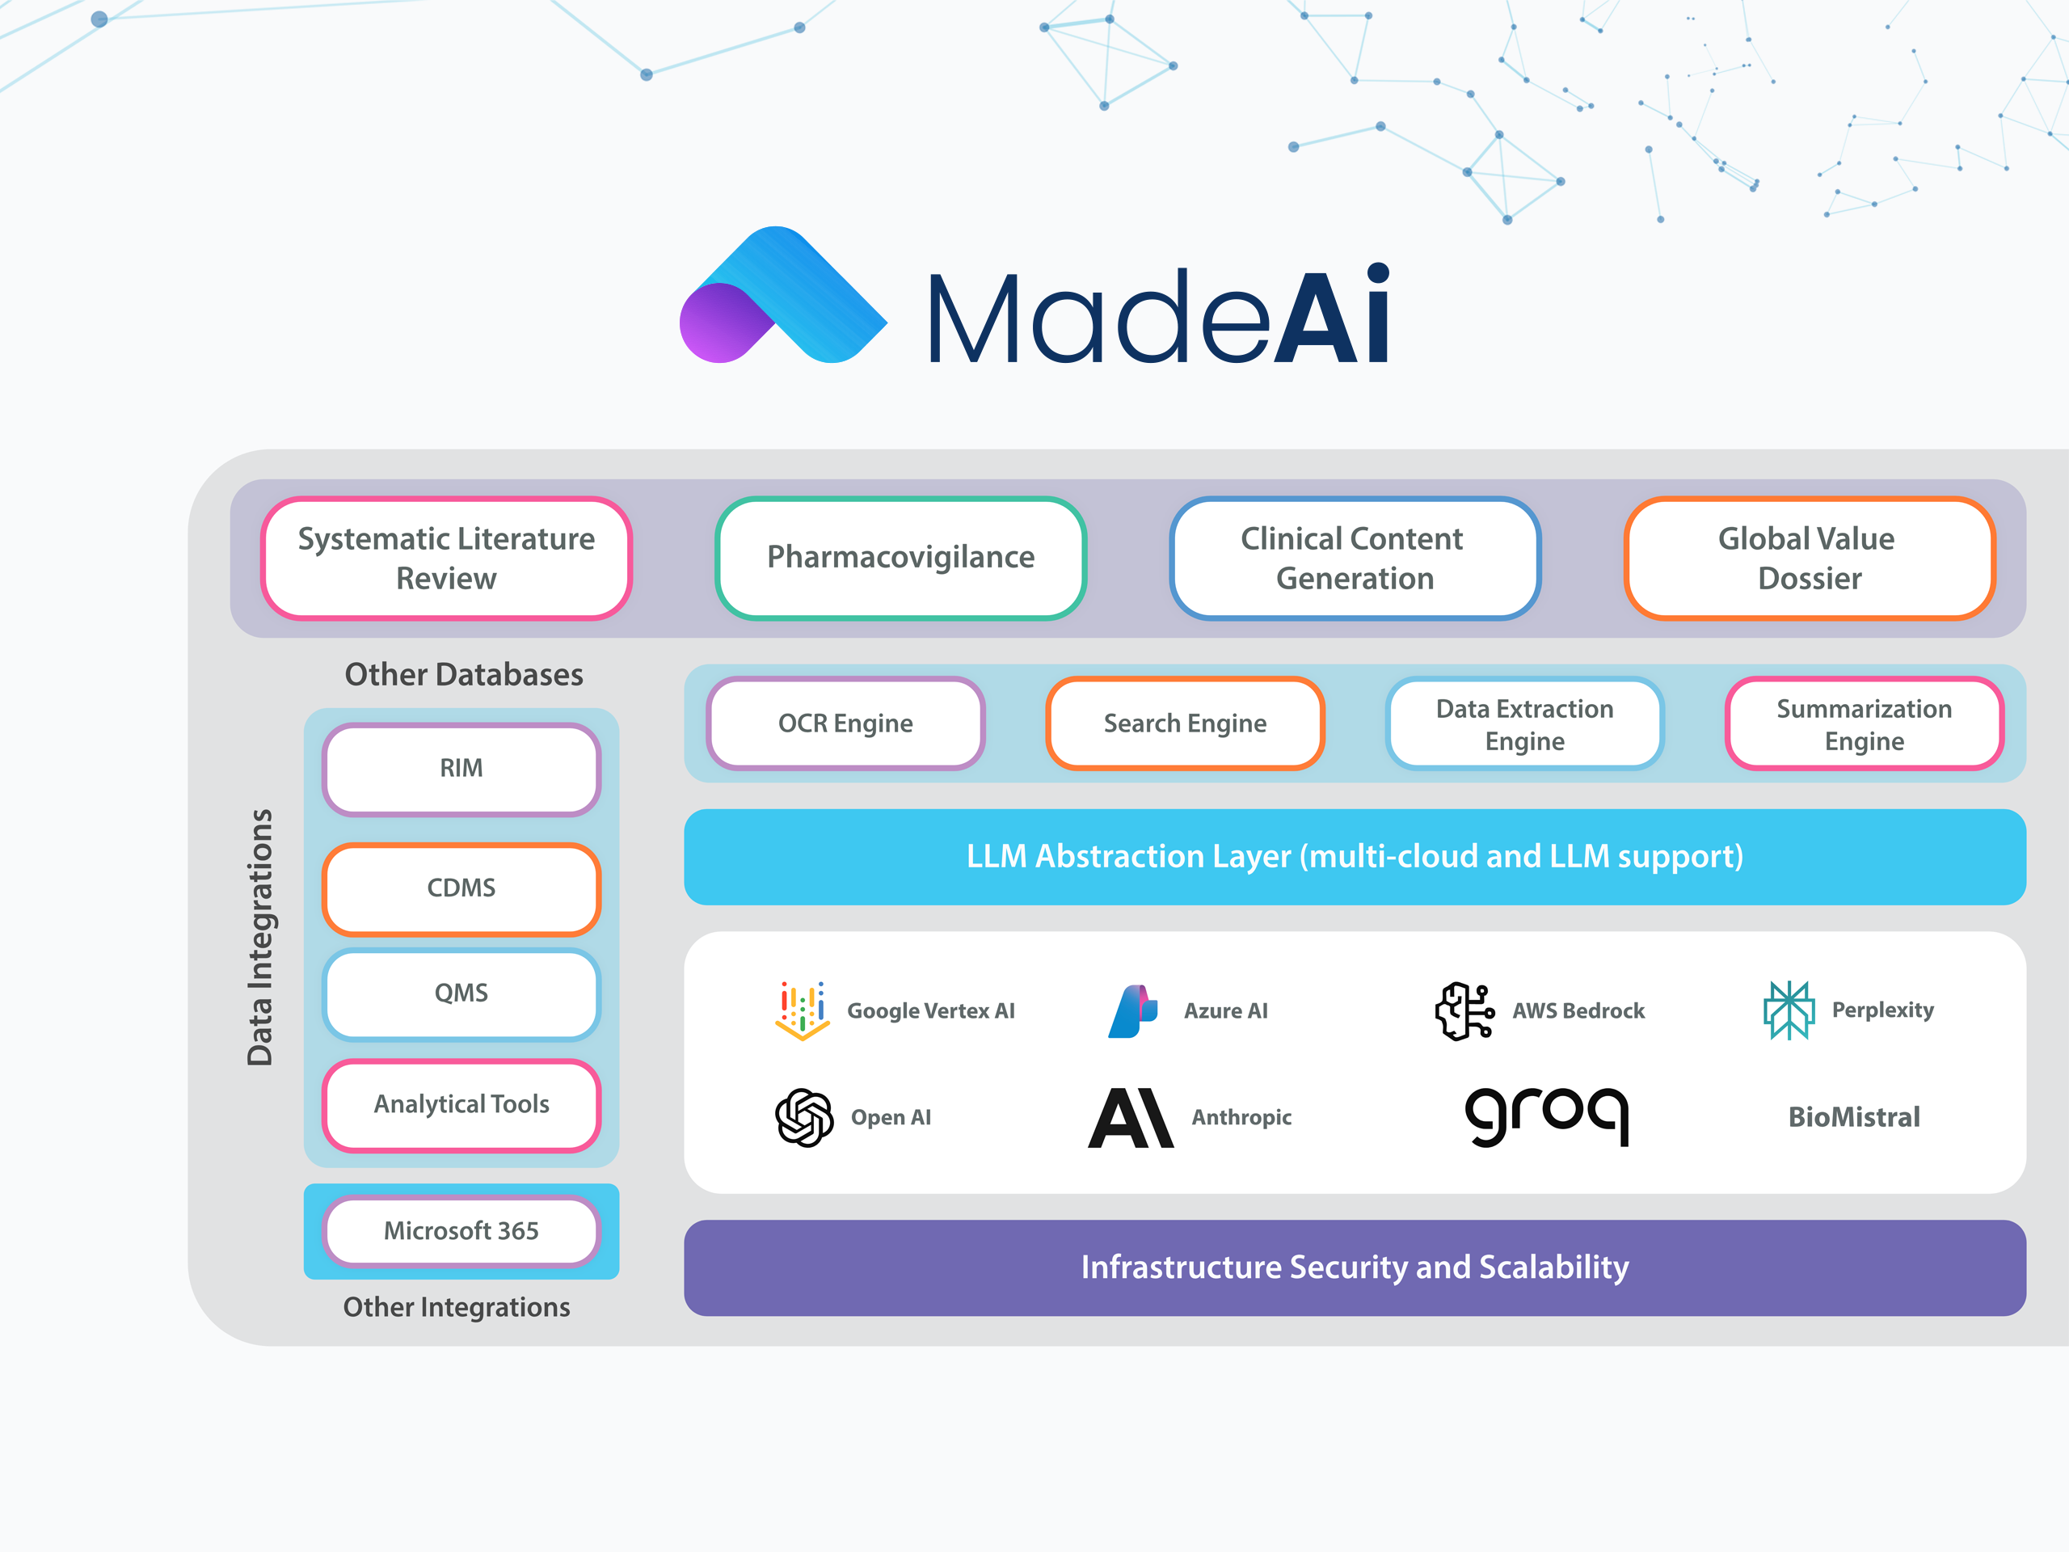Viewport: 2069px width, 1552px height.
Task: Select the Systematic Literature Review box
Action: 446,559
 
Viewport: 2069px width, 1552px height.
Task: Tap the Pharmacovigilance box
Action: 900,559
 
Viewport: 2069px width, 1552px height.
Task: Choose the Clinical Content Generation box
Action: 1354,559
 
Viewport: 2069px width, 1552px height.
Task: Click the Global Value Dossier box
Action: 1808,559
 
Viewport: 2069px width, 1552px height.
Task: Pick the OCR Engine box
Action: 845,724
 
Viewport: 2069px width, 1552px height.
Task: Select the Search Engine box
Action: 1184,724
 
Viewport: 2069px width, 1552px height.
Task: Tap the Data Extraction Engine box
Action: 1523,724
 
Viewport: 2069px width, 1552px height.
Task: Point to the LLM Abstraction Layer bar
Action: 1354,857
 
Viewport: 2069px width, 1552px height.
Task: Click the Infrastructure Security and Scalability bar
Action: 1354,1267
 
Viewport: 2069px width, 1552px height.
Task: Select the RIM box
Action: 461,769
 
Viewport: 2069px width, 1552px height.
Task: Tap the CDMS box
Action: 461,888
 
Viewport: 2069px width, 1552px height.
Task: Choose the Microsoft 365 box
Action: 461,1231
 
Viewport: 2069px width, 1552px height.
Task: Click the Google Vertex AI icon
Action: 803,1010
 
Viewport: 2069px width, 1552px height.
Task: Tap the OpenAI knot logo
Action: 803,1117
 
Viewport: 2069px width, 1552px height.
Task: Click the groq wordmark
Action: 1546,1115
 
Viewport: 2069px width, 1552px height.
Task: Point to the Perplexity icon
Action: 1788,1010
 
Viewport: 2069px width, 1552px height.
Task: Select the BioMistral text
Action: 1853,1117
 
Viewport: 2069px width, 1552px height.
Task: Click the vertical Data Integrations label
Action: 260,938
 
